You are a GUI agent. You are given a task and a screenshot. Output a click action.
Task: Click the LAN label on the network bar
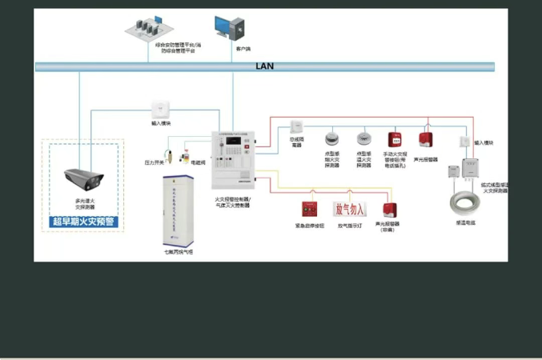coord(264,66)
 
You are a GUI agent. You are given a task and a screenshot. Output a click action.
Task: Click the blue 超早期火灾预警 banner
coord(84,222)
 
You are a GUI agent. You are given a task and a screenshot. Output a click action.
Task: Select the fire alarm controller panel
coord(232,163)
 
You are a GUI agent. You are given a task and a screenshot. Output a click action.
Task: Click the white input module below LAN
coord(160,107)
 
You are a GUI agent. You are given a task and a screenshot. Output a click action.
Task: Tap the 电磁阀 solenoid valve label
coord(198,162)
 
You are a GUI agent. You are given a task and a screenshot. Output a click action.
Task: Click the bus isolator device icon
coord(296,126)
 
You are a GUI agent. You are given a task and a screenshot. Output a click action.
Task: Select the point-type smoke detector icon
coord(332,137)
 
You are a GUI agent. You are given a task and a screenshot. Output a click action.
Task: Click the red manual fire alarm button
coord(394,139)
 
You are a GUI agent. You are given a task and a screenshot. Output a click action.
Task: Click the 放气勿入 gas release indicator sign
coord(349,210)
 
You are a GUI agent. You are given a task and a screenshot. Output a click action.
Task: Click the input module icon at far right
coord(464,142)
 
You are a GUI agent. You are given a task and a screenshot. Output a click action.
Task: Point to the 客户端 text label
coord(244,49)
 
